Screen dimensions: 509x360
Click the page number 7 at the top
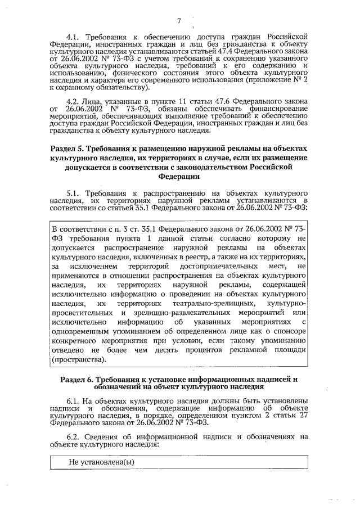pos(179,22)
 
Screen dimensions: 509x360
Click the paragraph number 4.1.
pos(74,37)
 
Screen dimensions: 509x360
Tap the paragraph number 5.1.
pos(74,191)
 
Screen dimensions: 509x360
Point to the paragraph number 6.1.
pos(74,400)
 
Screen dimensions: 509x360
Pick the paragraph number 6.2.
pos(74,436)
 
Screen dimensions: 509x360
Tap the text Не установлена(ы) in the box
pos(97,462)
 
